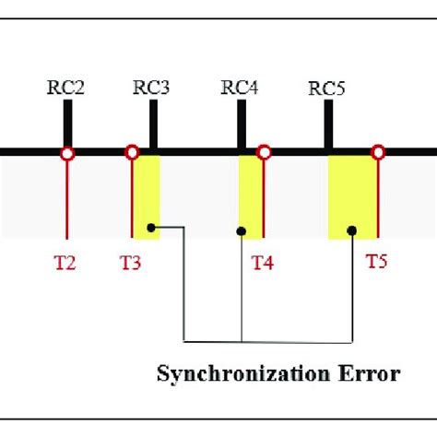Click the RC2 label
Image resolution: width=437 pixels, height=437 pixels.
[x=65, y=88]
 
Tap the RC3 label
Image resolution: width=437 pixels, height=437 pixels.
[x=151, y=88]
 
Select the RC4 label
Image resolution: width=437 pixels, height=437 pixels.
[x=240, y=88]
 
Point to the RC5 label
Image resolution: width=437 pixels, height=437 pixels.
[x=326, y=89]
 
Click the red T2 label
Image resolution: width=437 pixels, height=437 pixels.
[x=65, y=263]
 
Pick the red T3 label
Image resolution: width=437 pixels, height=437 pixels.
[x=130, y=263]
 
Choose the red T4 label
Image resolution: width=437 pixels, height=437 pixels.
[x=263, y=263]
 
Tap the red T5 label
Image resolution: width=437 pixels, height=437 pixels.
[x=377, y=262]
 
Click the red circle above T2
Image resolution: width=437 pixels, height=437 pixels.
[x=67, y=153]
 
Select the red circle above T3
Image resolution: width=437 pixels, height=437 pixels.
[x=132, y=152]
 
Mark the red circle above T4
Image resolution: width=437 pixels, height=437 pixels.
[x=264, y=152]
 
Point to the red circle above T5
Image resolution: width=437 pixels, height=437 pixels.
[x=378, y=152]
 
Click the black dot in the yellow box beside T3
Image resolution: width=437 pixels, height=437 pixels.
[x=151, y=228]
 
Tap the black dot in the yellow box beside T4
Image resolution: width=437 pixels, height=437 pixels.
[x=242, y=231]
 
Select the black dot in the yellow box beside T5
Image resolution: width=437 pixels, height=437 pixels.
[x=352, y=230]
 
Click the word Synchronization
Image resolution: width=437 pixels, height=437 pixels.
[x=243, y=374]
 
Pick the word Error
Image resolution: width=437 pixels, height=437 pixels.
[x=369, y=373]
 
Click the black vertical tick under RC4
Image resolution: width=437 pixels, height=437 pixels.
[x=242, y=124]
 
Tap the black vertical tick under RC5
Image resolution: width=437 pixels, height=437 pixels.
[x=329, y=124]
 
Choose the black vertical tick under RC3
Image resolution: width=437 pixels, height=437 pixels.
[x=154, y=124]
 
